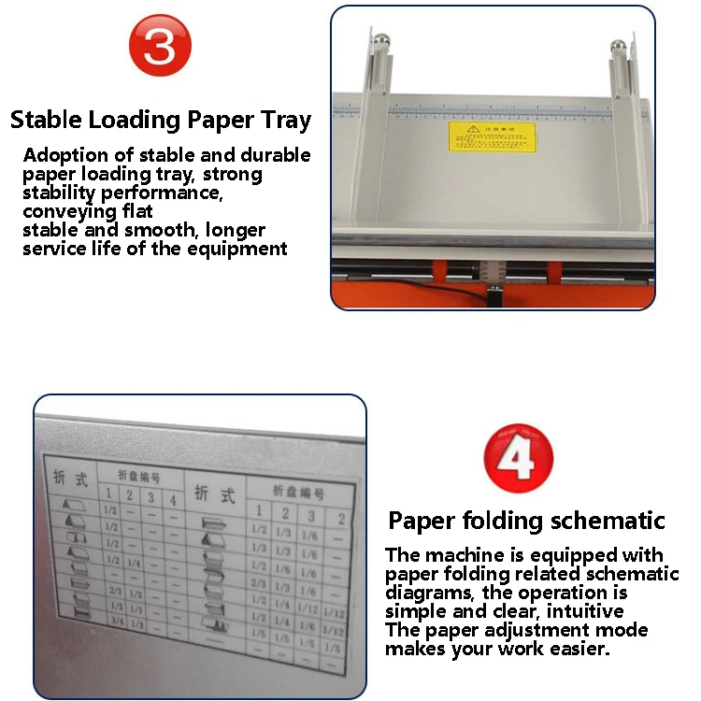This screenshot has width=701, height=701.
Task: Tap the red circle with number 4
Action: click(x=518, y=458)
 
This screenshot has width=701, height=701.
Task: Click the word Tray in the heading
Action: click(x=281, y=121)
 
